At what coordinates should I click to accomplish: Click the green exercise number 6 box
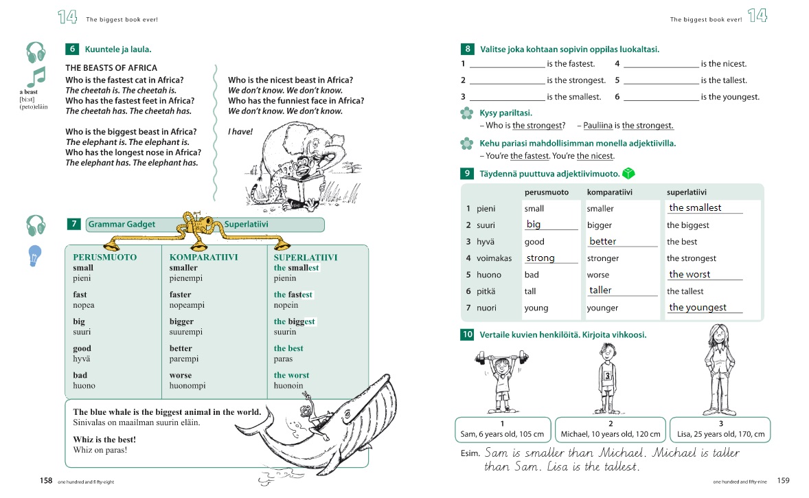(72, 49)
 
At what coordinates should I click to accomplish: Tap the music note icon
(35, 76)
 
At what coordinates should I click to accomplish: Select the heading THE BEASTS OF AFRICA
(111, 68)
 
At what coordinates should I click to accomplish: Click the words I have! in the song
(240, 131)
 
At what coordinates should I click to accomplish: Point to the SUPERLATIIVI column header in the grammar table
(306, 257)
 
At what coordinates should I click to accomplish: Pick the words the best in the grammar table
(288, 348)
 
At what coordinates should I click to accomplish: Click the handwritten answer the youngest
(698, 307)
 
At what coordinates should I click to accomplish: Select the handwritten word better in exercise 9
(603, 241)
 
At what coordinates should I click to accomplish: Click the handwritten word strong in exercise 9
(540, 258)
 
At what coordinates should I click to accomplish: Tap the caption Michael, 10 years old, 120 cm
(610, 433)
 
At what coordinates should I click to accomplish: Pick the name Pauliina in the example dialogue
(597, 125)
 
